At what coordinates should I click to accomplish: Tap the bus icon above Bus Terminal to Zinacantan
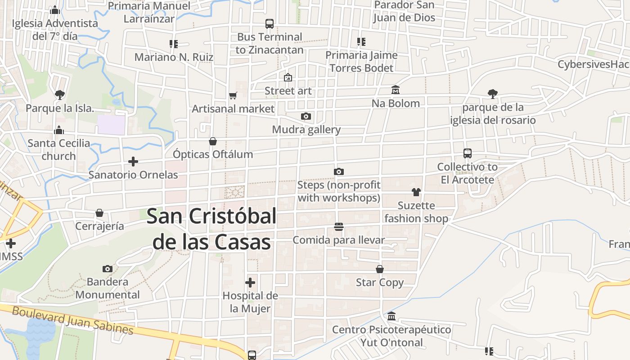tap(270, 24)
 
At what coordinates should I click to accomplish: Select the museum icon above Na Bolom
tap(396, 90)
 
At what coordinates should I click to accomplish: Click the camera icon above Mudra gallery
tap(306, 117)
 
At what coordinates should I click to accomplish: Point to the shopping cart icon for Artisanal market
tap(233, 95)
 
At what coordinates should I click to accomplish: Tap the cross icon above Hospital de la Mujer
tap(250, 283)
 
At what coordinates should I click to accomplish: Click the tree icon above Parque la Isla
tap(59, 94)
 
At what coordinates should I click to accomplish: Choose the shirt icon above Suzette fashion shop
tap(416, 192)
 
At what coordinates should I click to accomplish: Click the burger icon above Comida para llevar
tap(339, 226)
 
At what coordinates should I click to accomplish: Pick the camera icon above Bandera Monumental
tap(107, 269)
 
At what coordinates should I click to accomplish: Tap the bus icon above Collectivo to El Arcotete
tap(468, 153)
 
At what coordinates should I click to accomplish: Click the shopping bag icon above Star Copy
tap(380, 269)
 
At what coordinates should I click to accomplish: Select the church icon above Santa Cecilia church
tap(58, 130)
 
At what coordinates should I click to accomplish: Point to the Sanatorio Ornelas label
tap(133, 175)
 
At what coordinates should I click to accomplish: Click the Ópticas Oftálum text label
tap(213, 154)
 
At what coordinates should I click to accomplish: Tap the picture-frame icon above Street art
tap(288, 77)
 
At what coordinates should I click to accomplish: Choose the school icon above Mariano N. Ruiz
tap(174, 44)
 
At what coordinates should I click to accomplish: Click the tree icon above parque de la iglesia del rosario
tap(493, 94)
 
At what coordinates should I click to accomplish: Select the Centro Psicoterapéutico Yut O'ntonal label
tap(391, 336)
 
